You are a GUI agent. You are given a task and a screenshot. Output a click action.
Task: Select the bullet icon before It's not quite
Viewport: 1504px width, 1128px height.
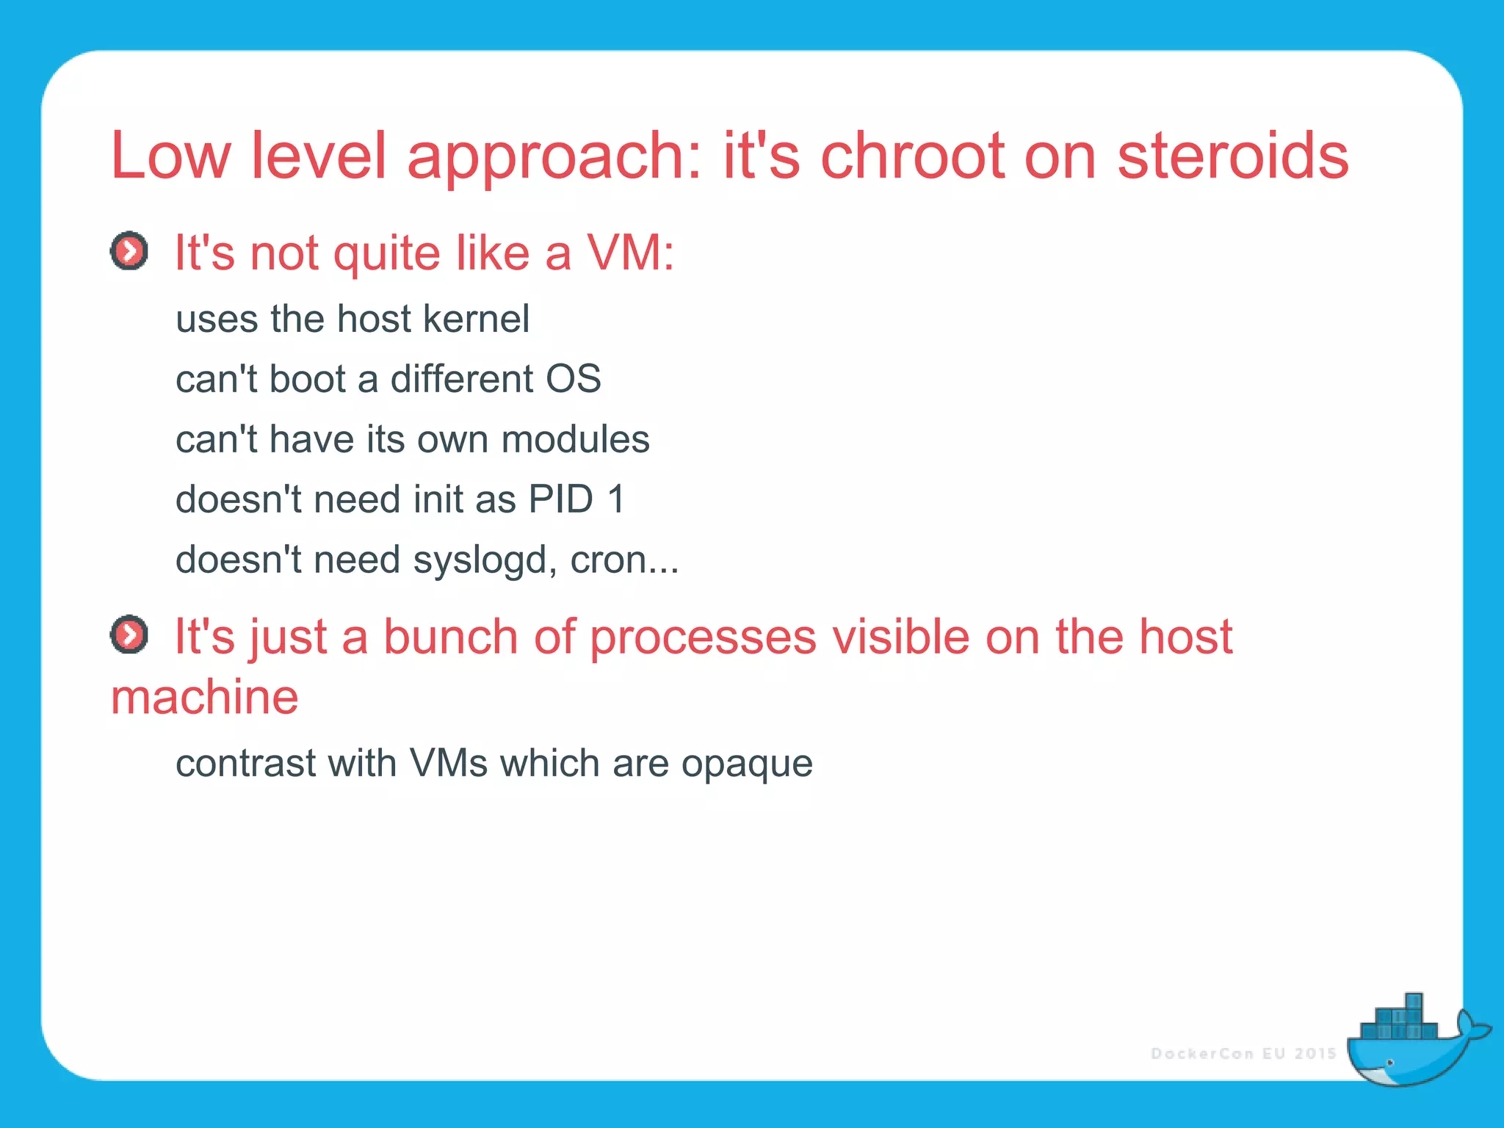(x=129, y=252)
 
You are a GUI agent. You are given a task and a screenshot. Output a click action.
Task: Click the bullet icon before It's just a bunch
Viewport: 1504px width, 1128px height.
(x=129, y=634)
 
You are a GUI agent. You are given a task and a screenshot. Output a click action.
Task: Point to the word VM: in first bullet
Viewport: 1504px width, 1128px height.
(x=630, y=253)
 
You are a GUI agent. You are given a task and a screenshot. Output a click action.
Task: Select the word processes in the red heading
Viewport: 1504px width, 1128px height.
(x=703, y=637)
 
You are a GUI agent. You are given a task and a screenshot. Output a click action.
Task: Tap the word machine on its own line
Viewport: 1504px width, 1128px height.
(x=205, y=697)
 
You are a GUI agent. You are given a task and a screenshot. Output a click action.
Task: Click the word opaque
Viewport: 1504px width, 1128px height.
(x=747, y=764)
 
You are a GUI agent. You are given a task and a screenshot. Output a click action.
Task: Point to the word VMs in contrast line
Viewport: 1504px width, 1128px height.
(x=449, y=764)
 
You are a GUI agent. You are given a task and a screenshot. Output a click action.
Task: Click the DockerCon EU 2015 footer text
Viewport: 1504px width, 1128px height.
(x=1243, y=1054)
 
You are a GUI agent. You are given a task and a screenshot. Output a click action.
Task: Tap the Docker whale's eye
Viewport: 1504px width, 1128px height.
(x=1389, y=1063)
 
